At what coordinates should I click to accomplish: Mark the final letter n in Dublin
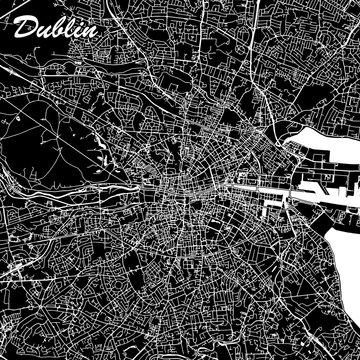88,31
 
